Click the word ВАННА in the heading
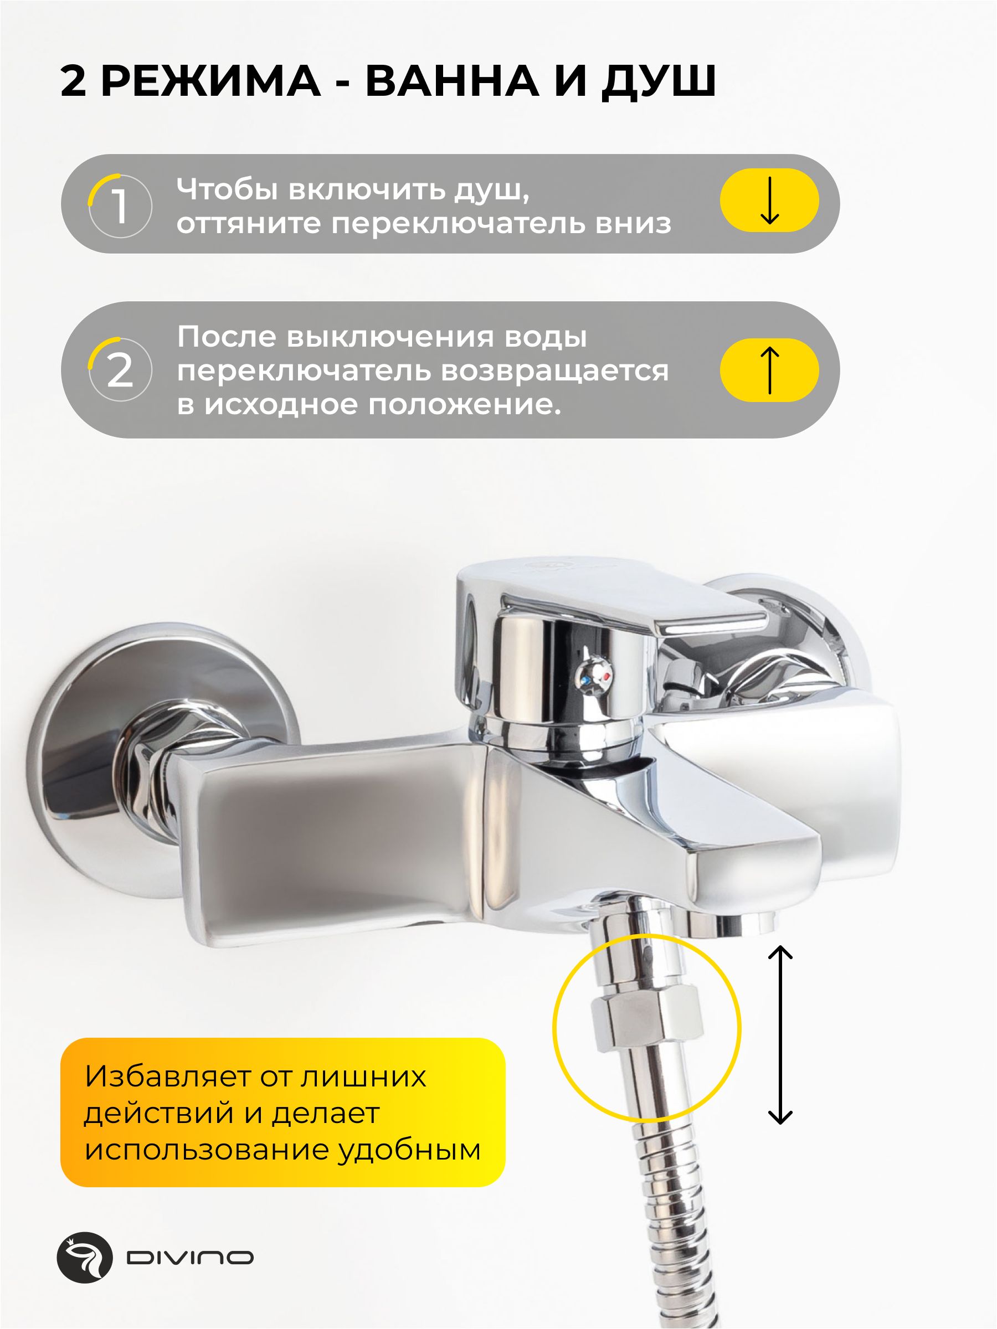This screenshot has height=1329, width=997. pyautogui.click(x=452, y=80)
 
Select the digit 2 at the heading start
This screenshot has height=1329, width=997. pyautogui.click(x=73, y=80)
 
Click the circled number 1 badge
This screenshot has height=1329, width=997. pyautogui.click(x=120, y=205)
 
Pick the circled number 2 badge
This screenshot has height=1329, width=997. pyautogui.click(x=120, y=369)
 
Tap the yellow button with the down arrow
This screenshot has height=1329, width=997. pyautogui.click(x=769, y=200)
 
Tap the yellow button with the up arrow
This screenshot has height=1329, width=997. pyautogui.click(x=769, y=369)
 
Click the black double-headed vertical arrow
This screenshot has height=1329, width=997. pyautogui.click(x=780, y=1034)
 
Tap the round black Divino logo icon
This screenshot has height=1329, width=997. pyautogui.click(x=85, y=1258)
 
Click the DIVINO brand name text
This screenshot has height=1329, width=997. pyautogui.click(x=190, y=1258)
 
